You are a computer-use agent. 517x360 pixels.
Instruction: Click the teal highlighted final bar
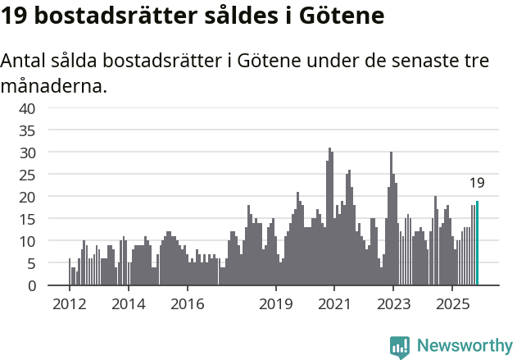[x=477, y=244]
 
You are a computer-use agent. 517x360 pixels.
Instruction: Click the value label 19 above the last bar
[x=477, y=183]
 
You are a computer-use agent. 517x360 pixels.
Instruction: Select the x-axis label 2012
[x=69, y=304]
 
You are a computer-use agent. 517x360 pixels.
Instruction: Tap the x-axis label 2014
[x=128, y=304]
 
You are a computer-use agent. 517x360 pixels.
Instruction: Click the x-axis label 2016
[x=187, y=304]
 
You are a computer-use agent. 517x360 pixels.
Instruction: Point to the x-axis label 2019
[x=276, y=304]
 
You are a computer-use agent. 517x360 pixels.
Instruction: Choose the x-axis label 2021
[x=335, y=304]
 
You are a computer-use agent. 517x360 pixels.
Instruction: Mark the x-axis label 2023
[x=394, y=304]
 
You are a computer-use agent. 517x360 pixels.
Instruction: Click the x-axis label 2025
[x=453, y=304]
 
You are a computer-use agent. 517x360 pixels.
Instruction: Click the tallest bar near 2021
[x=329, y=217]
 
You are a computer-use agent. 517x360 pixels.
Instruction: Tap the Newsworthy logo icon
[x=400, y=346]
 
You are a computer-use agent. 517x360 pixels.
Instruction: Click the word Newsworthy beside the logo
[x=465, y=346]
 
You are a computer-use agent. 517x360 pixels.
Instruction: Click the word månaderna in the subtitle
[x=54, y=85]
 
